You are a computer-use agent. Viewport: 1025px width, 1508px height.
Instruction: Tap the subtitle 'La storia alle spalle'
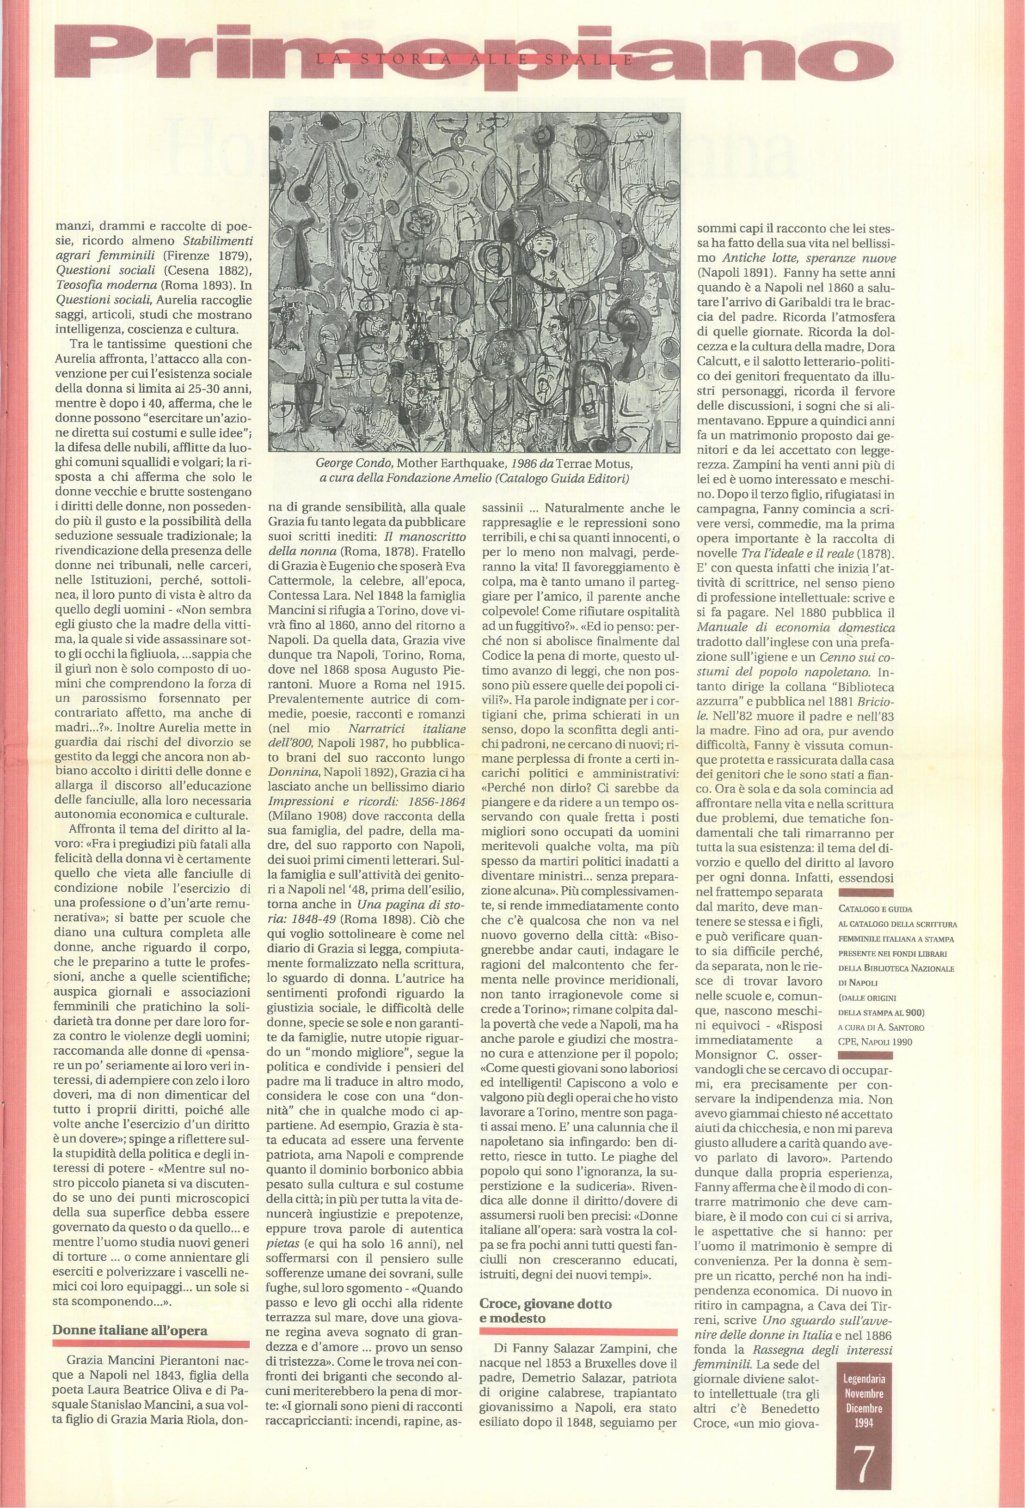click(x=474, y=60)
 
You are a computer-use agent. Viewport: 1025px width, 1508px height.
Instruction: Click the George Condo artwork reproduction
click(x=474, y=281)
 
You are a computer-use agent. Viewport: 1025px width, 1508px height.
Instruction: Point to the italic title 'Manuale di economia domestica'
click(x=795, y=627)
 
